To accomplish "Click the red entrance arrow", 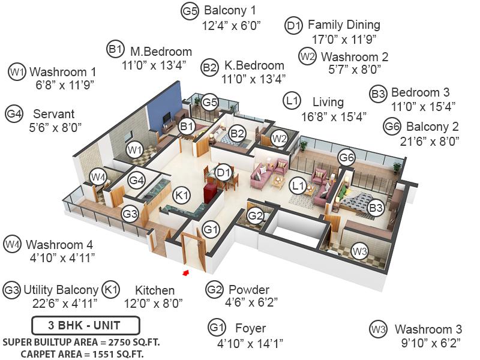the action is pos(185,272).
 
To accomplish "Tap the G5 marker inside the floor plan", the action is pos(209,102).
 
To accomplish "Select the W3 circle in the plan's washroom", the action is pos(359,251).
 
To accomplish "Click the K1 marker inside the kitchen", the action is pos(182,195).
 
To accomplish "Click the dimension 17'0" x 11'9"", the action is pos(344,40).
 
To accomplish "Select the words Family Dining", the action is pos(344,25).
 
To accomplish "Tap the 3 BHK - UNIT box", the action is pos(86,325).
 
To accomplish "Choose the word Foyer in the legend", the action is pos(250,328).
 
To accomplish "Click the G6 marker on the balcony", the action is pos(347,157).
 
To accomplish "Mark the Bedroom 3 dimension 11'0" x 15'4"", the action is pos(424,107).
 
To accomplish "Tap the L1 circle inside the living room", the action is pos(298,185).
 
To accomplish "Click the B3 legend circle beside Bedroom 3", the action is pos(379,94).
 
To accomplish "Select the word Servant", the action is pos(54,114).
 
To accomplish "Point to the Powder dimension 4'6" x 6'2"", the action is pos(251,302).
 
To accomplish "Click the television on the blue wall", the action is pos(167,118).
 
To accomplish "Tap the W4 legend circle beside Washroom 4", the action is pos(12,244).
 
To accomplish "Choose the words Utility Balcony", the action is pos(61,290).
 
